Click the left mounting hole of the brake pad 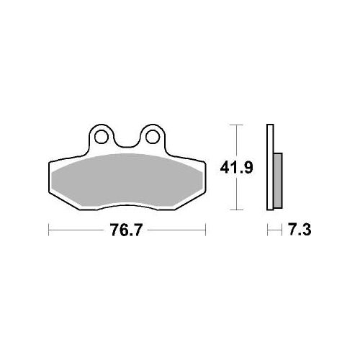point(102,138)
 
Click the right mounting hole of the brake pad point(153,138)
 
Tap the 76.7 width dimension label point(126,230)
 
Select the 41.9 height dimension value point(236,168)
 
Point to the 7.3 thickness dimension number point(300,230)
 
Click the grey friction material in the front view point(127,180)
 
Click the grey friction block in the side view point(278,181)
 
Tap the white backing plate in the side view point(270,167)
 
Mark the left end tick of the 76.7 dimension point(49,230)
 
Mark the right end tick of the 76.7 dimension point(205,230)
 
